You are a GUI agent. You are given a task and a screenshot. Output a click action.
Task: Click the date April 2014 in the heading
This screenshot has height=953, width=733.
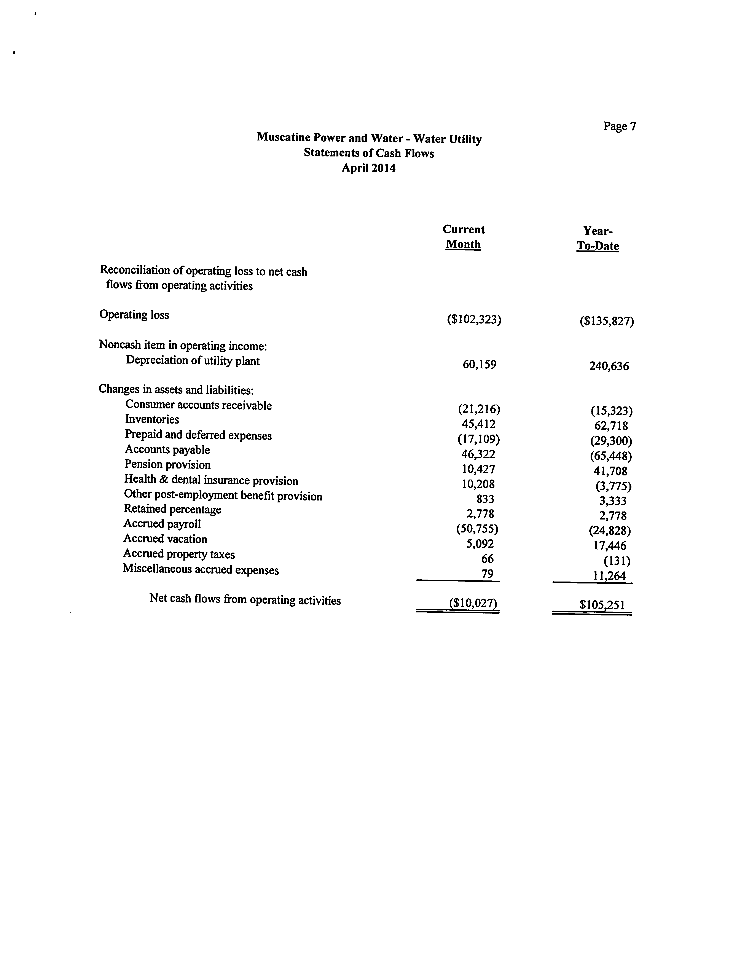coord(369,168)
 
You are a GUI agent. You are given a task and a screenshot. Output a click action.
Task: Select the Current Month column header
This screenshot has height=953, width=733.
coord(463,237)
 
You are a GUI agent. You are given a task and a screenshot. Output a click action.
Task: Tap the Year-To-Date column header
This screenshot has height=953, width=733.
coord(598,238)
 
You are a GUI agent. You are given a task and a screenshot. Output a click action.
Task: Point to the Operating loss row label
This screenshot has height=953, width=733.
coord(134,315)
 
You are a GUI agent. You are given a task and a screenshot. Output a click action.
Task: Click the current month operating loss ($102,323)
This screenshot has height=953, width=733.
coord(474,320)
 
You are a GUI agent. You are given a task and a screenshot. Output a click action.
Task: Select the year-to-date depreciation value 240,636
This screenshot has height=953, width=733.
coord(609,366)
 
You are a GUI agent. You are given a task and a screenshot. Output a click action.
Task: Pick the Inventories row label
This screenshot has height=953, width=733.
coord(152,419)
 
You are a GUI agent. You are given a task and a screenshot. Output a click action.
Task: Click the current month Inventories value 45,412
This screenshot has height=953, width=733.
coord(479,424)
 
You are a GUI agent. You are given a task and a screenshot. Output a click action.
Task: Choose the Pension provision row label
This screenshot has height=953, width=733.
coord(167,464)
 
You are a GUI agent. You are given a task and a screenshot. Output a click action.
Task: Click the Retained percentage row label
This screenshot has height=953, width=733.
coord(172,509)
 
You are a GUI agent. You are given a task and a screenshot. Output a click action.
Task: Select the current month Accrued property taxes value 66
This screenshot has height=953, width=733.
coord(487,559)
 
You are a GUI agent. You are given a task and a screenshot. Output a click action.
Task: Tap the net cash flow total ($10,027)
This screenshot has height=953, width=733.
coord(473,604)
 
